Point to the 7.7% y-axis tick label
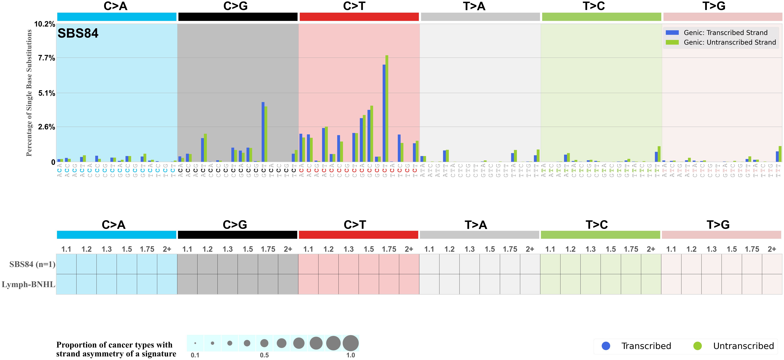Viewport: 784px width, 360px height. pos(46,58)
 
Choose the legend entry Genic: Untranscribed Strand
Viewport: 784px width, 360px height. pos(730,42)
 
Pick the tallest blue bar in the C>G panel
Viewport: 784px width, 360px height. pos(263,132)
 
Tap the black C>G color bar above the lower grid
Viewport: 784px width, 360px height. pos(237,235)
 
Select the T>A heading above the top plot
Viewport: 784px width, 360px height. pos(474,6)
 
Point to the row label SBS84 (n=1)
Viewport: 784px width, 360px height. pos(32,264)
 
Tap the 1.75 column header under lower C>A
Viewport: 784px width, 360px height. pos(147,249)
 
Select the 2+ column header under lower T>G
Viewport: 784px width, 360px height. pos(772,249)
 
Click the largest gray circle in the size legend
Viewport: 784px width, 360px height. pos(351,343)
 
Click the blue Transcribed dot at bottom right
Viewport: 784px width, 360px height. pos(606,346)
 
